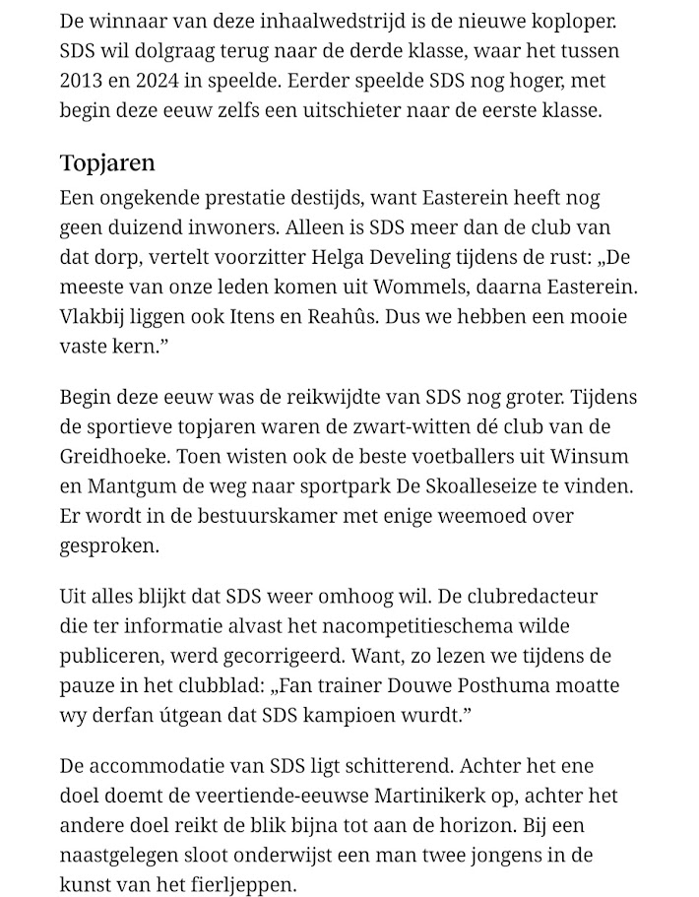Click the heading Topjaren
point(107,162)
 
